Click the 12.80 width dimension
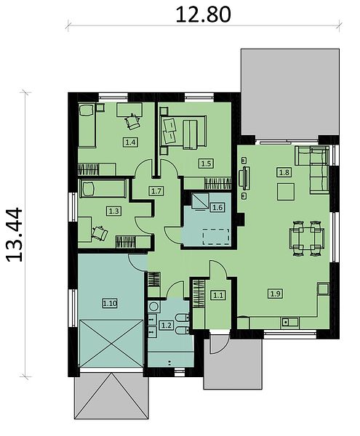(x=203, y=15)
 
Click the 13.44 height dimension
(x=15, y=235)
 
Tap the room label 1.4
(x=130, y=142)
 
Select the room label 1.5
(x=206, y=163)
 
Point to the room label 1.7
(x=156, y=191)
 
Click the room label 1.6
(x=217, y=207)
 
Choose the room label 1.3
(x=113, y=211)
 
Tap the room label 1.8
(x=284, y=172)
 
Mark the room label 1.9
(x=275, y=293)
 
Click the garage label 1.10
(x=110, y=303)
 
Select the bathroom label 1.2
(x=166, y=325)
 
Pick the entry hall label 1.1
(x=218, y=295)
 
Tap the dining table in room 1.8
(x=307, y=238)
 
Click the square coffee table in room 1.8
(x=286, y=192)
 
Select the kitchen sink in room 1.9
(x=289, y=323)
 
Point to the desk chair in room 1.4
(x=132, y=121)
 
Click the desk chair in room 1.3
(x=100, y=233)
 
